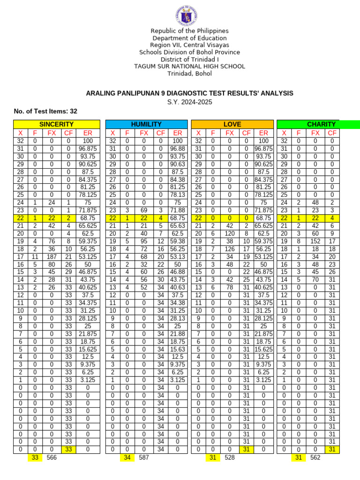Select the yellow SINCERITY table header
56,124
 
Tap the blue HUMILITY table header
146,124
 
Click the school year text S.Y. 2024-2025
189,102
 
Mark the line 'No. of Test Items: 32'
45,111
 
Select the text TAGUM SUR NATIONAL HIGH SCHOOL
189,67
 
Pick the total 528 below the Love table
230,457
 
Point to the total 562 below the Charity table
315,457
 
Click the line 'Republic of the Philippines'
189,31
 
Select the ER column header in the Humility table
177,133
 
